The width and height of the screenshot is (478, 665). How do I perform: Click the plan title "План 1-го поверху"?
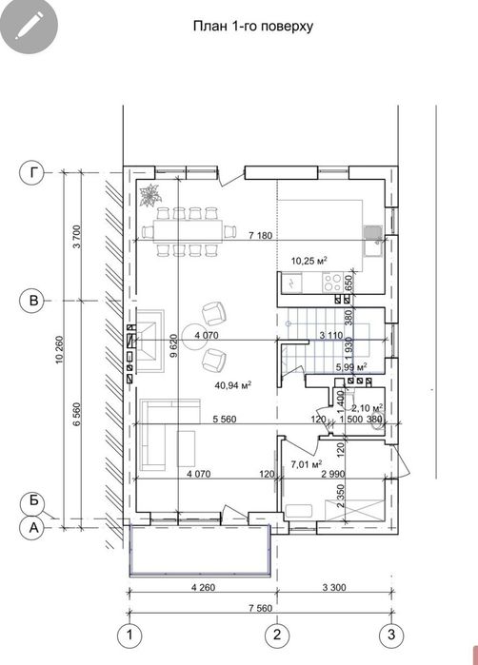pos(253,27)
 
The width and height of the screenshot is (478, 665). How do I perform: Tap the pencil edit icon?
pos(29,26)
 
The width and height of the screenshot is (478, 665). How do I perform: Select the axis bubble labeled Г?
pos(32,172)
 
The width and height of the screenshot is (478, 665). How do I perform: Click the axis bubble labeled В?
pos(32,301)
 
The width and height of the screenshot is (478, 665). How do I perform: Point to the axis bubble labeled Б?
pos(33,500)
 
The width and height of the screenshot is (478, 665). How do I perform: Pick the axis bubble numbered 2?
pos(277,635)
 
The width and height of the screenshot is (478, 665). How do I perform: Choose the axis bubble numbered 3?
pos(391,635)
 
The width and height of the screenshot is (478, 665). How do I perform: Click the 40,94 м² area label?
pos(234,385)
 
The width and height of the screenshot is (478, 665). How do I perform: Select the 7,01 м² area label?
pos(307,465)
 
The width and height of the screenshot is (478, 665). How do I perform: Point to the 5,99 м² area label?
pos(351,367)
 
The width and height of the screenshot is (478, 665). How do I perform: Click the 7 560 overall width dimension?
pos(260,608)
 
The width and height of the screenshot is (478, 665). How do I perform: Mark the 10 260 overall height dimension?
pos(59,349)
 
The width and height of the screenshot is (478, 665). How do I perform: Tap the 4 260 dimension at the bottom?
pos(204,587)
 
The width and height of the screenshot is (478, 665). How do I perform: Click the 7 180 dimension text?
pos(260,235)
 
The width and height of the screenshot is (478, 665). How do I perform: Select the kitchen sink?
pos(373,241)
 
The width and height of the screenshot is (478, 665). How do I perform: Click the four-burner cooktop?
pos(332,283)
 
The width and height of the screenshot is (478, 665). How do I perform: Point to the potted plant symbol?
pos(149,196)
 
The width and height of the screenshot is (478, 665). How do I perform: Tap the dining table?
pos(189,231)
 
